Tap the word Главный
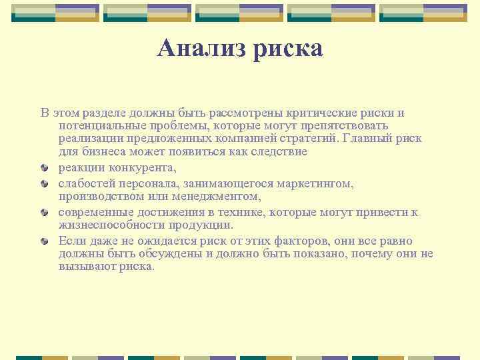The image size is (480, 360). [367, 139]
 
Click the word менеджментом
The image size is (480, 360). [221, 196]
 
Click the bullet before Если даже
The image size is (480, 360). [45, 241]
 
